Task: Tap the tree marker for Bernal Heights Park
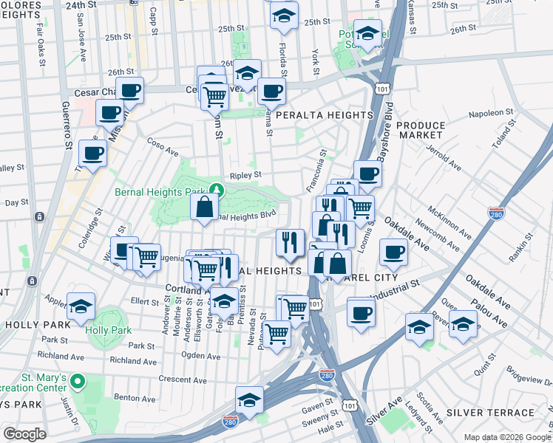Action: (x=214, y=190)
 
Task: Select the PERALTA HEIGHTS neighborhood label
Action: (x=324, y=116)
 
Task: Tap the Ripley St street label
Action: (x=245, y=176)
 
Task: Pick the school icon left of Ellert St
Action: (x=81, y=307)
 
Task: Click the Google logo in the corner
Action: (x=24, y=434)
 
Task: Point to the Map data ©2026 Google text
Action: (x=506, y=437)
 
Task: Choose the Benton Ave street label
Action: (x=135, y=398)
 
